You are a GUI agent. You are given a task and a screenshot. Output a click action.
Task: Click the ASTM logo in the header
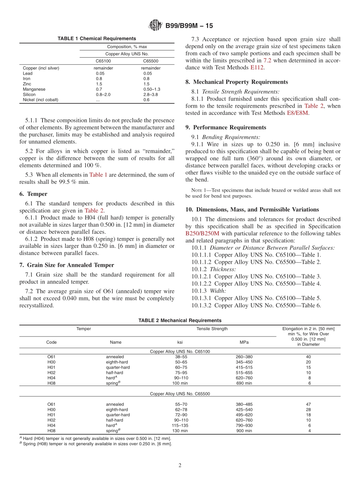click(155, 26)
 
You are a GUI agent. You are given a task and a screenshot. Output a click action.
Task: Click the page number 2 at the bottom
click(180, 465)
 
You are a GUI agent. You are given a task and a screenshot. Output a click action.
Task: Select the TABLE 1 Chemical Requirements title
click(97, 39)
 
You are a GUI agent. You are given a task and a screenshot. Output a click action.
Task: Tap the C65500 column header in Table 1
click(150, 61)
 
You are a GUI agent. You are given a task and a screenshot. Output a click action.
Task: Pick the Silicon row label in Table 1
click(29, 95)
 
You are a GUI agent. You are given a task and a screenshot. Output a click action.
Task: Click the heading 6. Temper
click(33, 194)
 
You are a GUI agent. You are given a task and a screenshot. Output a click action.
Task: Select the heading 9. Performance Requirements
click(226, 127)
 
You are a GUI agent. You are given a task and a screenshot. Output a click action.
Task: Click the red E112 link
click(257, 67)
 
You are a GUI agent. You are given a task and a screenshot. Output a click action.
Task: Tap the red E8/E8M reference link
click(298, 113)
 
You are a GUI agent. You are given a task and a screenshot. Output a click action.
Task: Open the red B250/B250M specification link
click(202, 233)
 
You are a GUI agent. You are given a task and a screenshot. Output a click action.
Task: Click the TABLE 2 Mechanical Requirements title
click(180, 321)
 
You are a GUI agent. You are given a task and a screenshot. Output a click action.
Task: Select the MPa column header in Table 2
click(244, 342)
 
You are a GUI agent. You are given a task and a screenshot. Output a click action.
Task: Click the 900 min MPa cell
click(244, 431)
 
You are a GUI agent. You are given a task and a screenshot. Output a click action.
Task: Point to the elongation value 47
click(308, 404)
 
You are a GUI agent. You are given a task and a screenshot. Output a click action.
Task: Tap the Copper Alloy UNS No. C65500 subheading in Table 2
click(180, 394)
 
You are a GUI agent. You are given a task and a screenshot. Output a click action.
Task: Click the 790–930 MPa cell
click(244, 426)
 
